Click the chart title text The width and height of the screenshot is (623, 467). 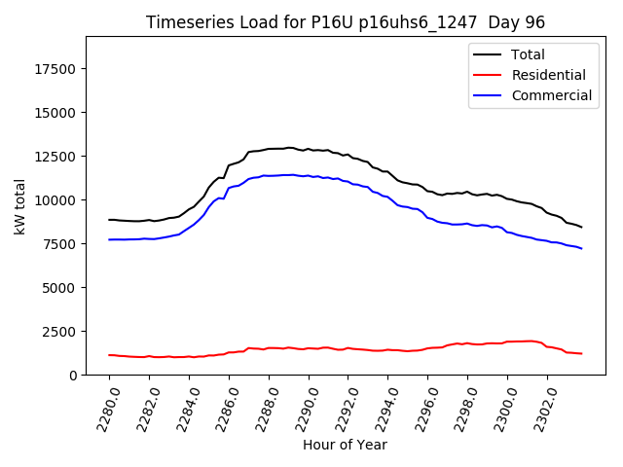tap(345, 22)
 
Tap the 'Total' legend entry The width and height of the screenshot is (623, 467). tap(528, 54)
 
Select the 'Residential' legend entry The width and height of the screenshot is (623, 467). tap(548, 75)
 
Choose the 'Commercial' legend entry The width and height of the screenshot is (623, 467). tap(551, 95)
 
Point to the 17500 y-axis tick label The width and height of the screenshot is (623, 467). tap(56, 69)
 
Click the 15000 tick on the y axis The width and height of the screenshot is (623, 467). tap(56, 113)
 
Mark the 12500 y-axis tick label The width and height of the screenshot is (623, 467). tap(56, 157)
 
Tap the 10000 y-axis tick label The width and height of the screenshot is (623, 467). tap(56, 200)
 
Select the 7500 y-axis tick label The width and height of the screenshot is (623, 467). tap(60, 244)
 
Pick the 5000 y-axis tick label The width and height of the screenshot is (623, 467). tap(60, 288)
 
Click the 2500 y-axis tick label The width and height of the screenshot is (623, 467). tap(60, 332)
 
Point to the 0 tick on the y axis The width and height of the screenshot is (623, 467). tap(73, 376)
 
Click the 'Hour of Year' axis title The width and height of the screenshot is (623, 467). tap(345, 445)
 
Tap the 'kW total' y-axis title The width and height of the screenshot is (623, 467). tap(19, 206)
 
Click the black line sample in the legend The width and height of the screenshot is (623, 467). tap(491, 54)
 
